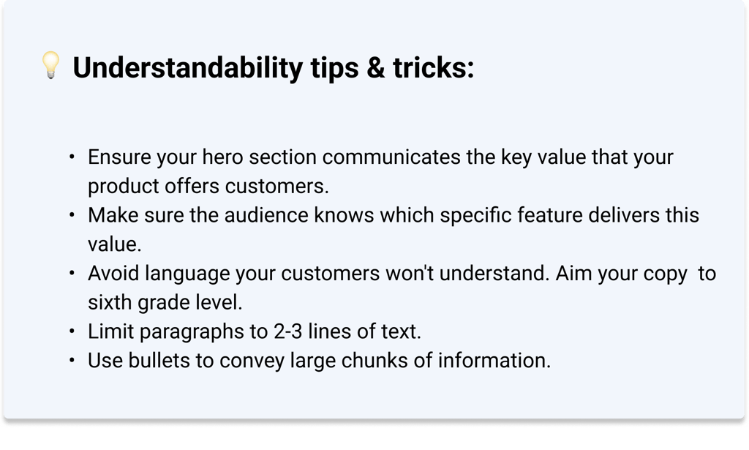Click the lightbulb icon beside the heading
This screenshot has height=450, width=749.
coord(50,65)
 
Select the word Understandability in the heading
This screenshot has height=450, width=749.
coord(188,68)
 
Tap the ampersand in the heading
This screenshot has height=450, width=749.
coord(375,67)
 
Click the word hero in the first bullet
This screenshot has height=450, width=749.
coord(222,157)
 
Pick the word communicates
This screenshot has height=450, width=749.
coord(391,157)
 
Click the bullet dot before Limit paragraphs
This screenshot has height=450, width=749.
coord(72,331)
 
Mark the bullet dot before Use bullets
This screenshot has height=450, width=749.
coord(72,360)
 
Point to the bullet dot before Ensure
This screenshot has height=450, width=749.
coord(72,157)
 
